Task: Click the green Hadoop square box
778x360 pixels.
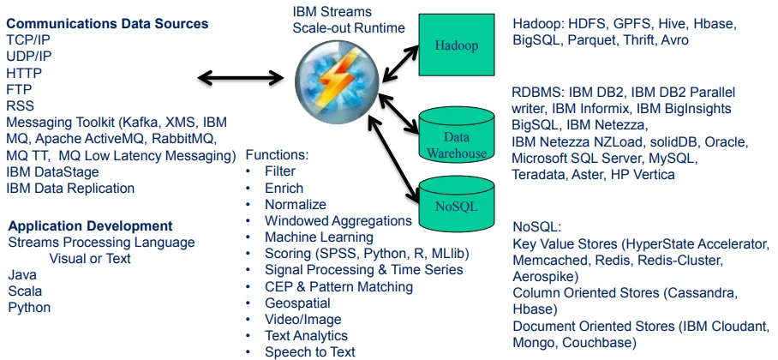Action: click(457, 45)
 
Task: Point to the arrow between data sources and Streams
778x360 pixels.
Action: click(240, 77)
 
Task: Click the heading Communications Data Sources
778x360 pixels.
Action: click(107, 24)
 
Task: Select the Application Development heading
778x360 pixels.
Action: click(90, 226)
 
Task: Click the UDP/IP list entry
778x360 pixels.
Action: click(29, 57)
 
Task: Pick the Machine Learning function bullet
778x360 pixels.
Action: click(319, 237)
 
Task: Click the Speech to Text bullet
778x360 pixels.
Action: click(310, 352)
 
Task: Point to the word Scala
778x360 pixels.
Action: click(25, 291)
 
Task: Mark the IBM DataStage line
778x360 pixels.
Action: click(52, 172)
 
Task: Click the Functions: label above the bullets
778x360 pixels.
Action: click(278, 155)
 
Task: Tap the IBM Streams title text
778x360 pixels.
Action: click(332, 11)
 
